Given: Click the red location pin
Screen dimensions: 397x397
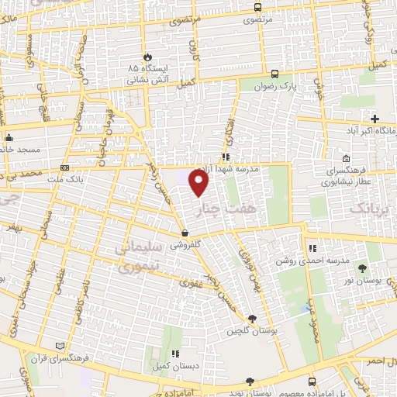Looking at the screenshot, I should (200, 184).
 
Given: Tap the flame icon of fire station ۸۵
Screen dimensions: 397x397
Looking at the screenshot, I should (147, 57).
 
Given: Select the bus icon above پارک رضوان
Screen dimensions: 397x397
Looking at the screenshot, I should (276, 75).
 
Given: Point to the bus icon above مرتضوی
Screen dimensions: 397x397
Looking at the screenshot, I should (257, 8).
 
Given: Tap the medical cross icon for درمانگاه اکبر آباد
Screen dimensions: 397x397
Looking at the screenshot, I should (375, 119).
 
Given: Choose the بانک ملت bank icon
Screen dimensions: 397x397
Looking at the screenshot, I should (64, 167).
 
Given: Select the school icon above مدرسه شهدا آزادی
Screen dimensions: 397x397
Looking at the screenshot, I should (225, 157).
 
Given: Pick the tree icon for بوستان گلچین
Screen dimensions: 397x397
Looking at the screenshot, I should (252, 318).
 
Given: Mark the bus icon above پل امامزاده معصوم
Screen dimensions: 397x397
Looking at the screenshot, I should (312, 381).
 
